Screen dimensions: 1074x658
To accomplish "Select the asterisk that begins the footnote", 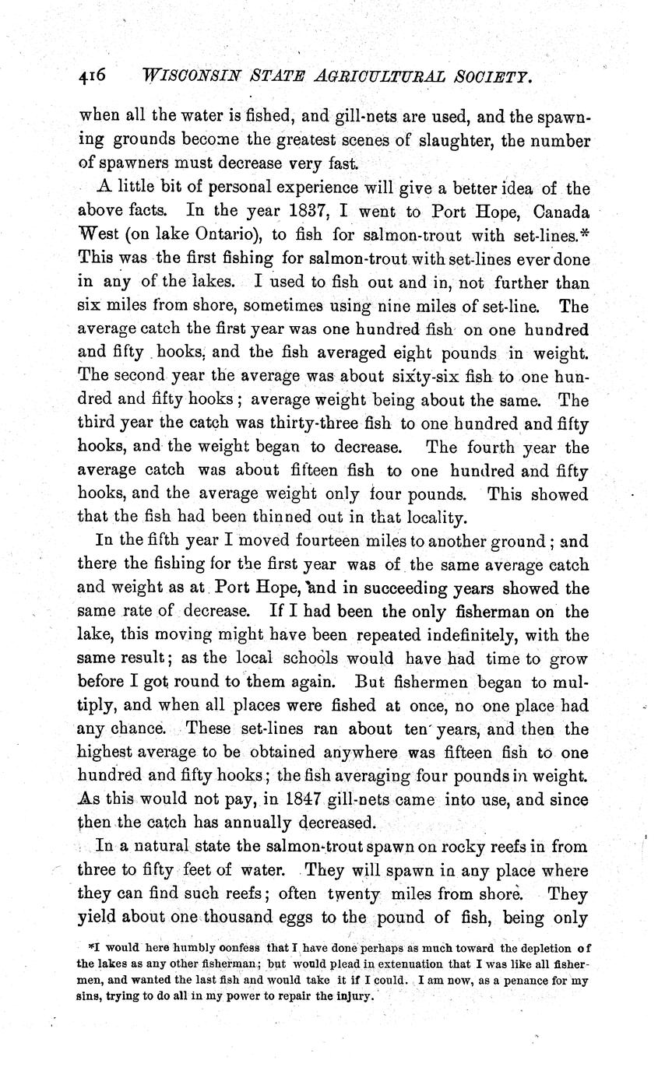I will point(91,947).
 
